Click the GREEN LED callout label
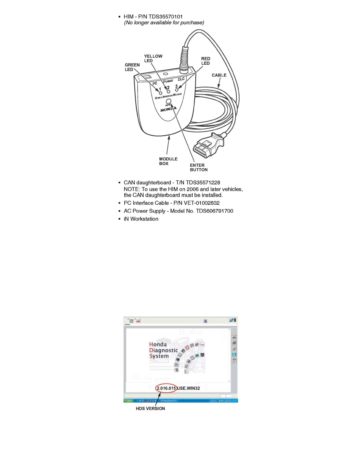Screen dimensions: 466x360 click(132, 67)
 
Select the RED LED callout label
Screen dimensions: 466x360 click(205, 61)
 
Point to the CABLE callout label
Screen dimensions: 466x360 click(219, 75)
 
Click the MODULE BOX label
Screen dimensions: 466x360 click(168, 161)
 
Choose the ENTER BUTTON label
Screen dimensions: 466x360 click(199, 167)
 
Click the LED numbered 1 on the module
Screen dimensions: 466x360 click(161, 93)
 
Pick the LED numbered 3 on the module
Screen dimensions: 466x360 click(177, 90)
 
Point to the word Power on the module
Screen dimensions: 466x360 click(168, 81)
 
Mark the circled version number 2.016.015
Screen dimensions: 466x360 click(166, 388)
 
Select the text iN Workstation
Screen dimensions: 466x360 click(141, 219)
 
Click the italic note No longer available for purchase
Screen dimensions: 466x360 click(164, 23)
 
